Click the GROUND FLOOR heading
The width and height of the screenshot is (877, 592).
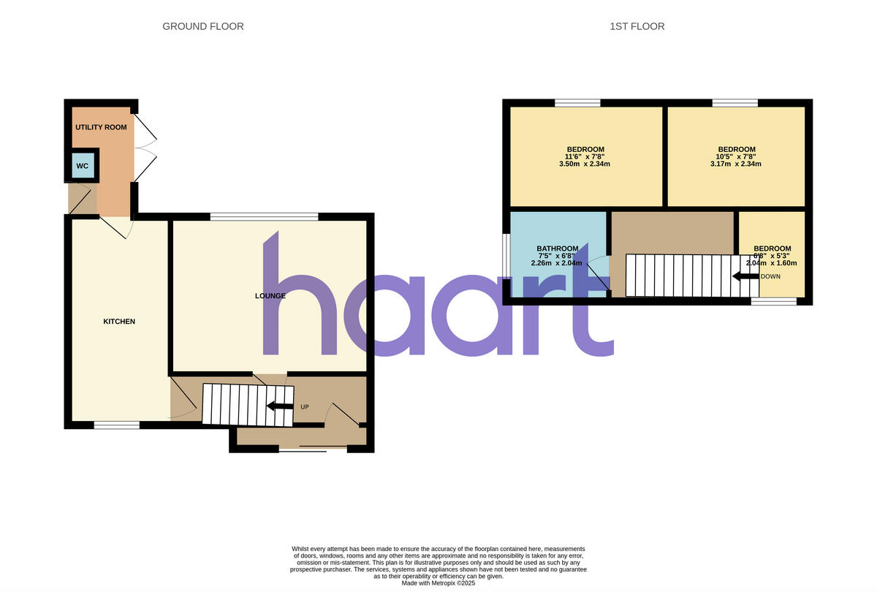pos(202,26)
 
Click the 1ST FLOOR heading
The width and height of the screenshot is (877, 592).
pos(637,26)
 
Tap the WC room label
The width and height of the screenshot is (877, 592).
pos(83,166)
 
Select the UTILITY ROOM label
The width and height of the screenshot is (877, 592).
pos(101,127)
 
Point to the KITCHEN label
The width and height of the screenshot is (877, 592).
pos(119,322)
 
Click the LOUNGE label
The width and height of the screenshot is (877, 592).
pos(270,296)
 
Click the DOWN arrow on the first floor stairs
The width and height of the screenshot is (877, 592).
pos(745,276)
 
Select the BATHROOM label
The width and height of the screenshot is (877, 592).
pos(558,248)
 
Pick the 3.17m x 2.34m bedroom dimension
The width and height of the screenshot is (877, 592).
pos(736,164)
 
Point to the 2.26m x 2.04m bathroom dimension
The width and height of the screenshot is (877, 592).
pos(558,263)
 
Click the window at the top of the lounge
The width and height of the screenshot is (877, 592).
pos(264,216)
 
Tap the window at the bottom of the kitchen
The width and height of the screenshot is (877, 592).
pos(117,425)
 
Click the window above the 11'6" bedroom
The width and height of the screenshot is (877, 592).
pos(577,103)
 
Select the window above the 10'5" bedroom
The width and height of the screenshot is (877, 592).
pos(735,103)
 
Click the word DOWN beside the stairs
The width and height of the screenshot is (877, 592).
pos(771,277)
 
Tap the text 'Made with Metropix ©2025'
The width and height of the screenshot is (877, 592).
pos(438,583)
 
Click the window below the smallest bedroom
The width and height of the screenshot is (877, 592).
pos(774,301)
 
